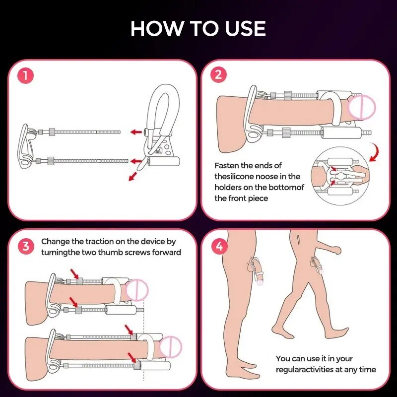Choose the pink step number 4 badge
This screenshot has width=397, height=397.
218,247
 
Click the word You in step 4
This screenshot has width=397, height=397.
283,358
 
